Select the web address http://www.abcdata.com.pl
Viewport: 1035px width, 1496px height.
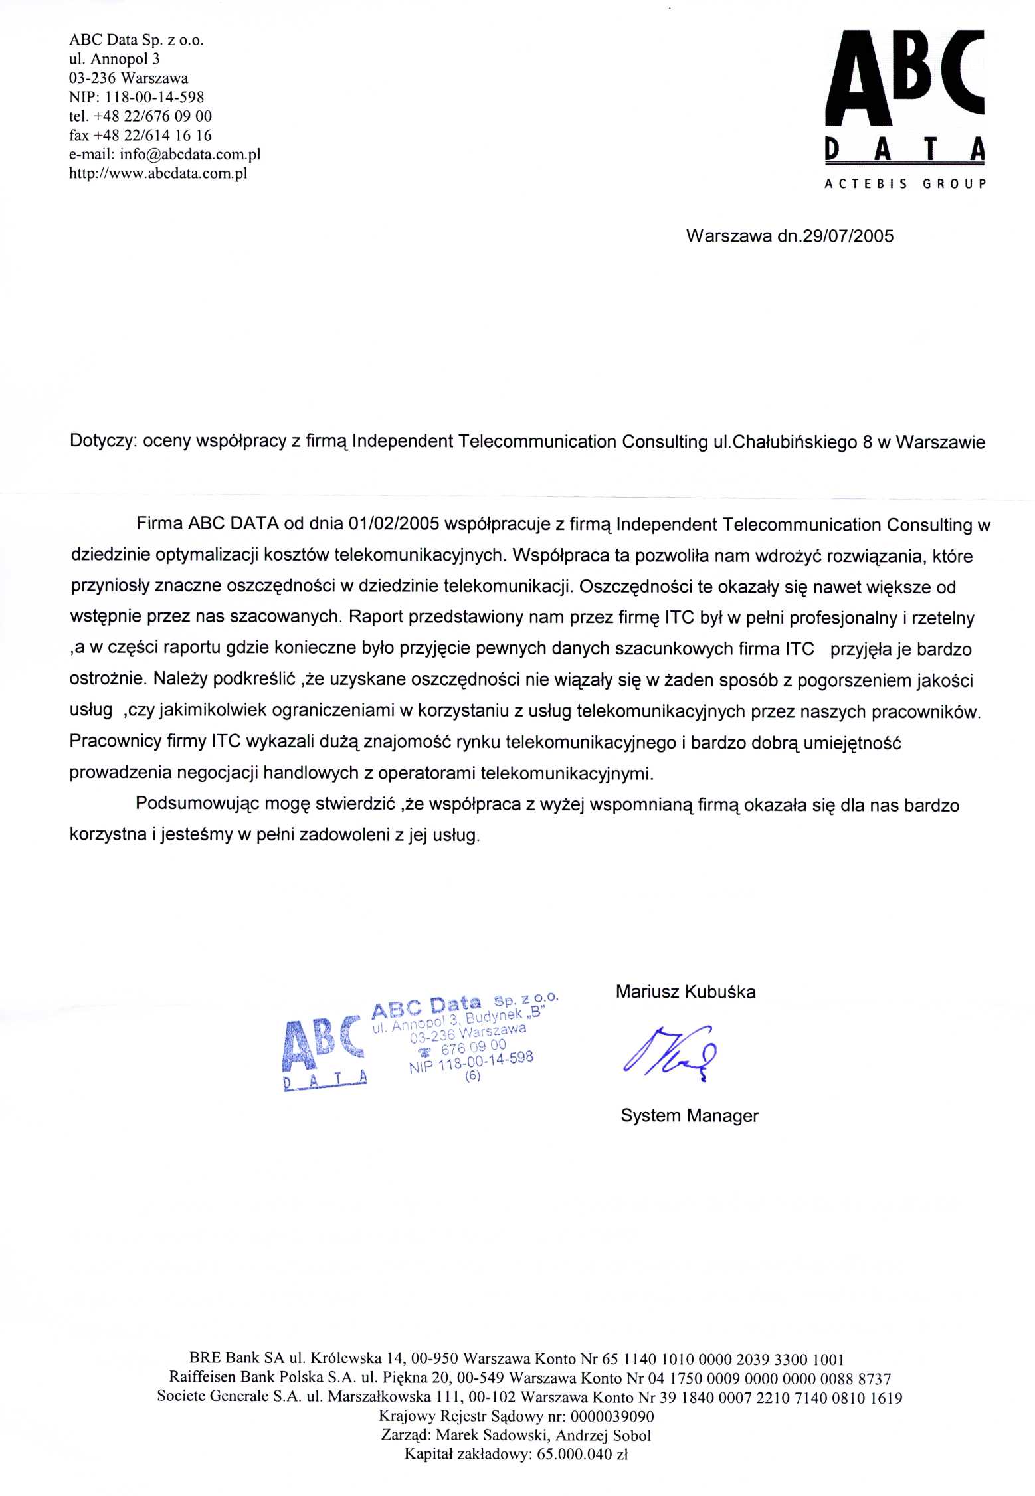[158, 174]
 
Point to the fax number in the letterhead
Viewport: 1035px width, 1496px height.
[140, 136]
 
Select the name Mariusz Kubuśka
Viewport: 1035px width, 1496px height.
[685, 992]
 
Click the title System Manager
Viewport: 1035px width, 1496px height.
[689, 1116]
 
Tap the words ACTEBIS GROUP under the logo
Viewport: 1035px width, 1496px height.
[904, 184]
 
